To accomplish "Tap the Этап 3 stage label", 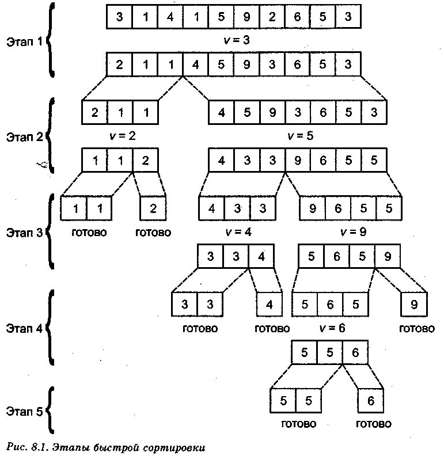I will click(25, 233).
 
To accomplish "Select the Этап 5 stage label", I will click(25, 411).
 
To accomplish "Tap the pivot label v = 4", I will click(238, 232).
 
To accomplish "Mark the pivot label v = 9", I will click(353, 232).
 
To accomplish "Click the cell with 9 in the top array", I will click(246, 16).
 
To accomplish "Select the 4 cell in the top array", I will click(170, 16).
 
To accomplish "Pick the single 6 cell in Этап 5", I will click(370, 401).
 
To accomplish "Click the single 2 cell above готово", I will click(153, 208).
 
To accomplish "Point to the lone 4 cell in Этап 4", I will click(269, 305).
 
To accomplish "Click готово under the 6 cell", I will click(373, 424).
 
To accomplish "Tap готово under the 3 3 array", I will click(200, 329).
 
